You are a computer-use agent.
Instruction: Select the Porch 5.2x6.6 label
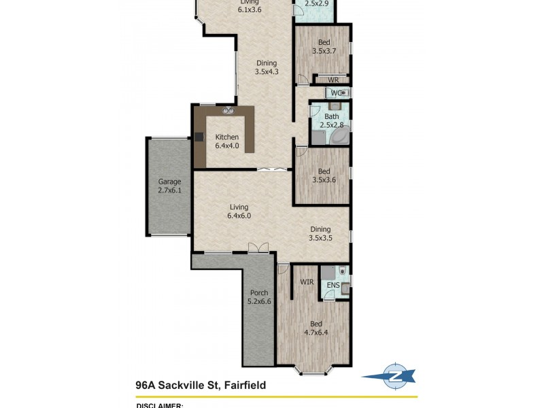pyautogui.click(x=258, y=297)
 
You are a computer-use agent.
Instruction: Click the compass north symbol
pyautogui.click(x=392, y=375)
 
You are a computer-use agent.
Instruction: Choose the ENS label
pyautogui.click(x=333, y=286)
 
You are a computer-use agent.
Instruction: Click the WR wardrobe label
pyautogui.click(x=333, y=80)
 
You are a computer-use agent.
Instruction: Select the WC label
pyautogui.click(x=335, y=92)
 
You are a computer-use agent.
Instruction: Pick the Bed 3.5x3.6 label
pyautogui.click(x=324, y=175)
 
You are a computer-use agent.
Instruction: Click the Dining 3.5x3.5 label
pyautogui.click(x=320, y=234)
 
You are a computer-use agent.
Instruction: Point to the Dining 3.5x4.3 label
pyautogui.click(x=266, y=67)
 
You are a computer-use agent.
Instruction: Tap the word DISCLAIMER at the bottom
pyautogui.click(x=160, y=405)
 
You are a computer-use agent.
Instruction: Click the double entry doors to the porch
pyautogui.click(x=258, y=249)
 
